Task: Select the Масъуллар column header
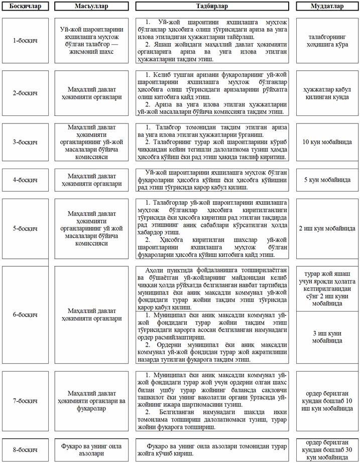(x=88, y=7)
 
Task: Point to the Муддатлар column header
(x=327, y=7)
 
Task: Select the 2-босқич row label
(x=25, y=93)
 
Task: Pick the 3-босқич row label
(x=25, y=142)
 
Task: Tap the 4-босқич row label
(x=25, y=180)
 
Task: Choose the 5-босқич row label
(x=25, y=228)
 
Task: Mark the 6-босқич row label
(x=25, y=315)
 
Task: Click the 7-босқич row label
(x=25, y=401)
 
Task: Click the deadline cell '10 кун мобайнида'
(x=327, y=142)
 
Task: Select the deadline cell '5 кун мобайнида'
(x=327, y=180)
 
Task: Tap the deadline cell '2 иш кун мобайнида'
(x=327, y=228)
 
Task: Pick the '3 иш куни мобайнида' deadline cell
(x=327, y=337)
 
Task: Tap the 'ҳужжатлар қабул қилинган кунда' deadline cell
(x=327, y=93)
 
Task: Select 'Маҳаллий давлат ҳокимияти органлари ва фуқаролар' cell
(x=88, y=401)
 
